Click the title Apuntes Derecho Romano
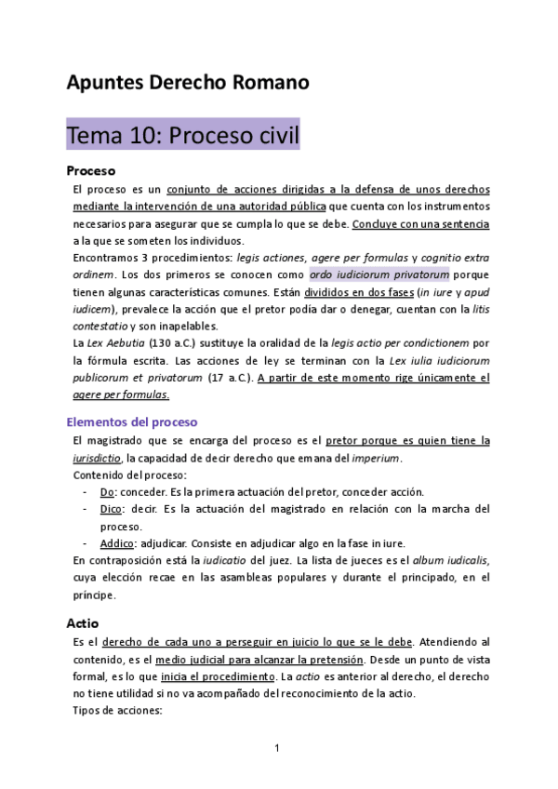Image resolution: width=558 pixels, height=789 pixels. click(x=187, y=83)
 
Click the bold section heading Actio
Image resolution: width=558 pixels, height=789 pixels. click(x=82, y=622)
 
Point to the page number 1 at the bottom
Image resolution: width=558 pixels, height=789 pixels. click(x=278, y=748)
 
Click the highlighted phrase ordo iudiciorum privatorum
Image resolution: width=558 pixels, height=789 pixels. click(x=379, y=275)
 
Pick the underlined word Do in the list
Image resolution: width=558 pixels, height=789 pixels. click(x=107, y=491)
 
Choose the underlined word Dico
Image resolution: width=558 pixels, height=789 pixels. click(x=113, y=509)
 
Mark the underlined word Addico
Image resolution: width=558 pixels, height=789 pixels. click(x=121, y=543)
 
